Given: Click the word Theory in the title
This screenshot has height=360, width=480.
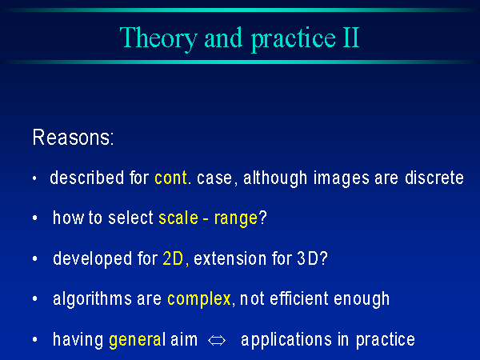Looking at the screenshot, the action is [x=158, y=39].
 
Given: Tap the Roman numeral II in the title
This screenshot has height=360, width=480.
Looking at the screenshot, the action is [x=351, y=38].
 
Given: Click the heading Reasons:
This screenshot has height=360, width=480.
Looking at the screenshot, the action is [x=73, y=138].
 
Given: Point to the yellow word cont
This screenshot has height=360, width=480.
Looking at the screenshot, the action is [x=170, y=178].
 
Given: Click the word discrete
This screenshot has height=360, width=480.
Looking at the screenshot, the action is [x=434, y=178].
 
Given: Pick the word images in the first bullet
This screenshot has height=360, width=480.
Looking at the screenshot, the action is [x=341, y=178].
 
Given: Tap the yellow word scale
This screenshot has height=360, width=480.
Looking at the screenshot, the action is [x=178, y=218].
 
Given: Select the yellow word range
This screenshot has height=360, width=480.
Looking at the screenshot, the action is [x=236, y=219].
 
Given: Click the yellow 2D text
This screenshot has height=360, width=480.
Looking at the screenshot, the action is [x=173, y=258].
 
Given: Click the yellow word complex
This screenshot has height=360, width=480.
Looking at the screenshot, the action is [x=199, y=299].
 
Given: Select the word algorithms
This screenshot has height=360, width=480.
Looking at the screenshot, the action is [x=92, y=299].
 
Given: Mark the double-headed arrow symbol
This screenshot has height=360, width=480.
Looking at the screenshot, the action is [x=217, y=341].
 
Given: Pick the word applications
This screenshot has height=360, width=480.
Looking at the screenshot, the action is [x=286, y=341].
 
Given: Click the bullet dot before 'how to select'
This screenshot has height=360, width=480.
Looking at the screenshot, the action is [x=35, y=218].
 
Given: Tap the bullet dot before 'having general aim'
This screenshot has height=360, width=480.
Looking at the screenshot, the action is [x=35, y=339].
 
